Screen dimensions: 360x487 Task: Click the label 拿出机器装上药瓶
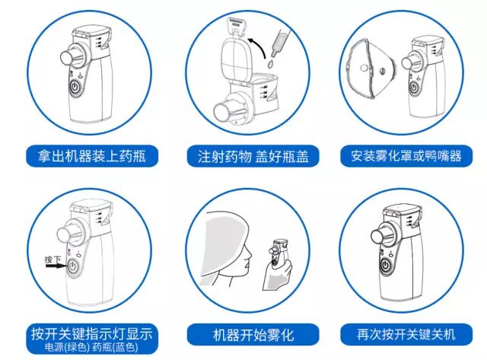pos(85,158)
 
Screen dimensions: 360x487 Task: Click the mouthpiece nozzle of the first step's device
pos(63,58)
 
